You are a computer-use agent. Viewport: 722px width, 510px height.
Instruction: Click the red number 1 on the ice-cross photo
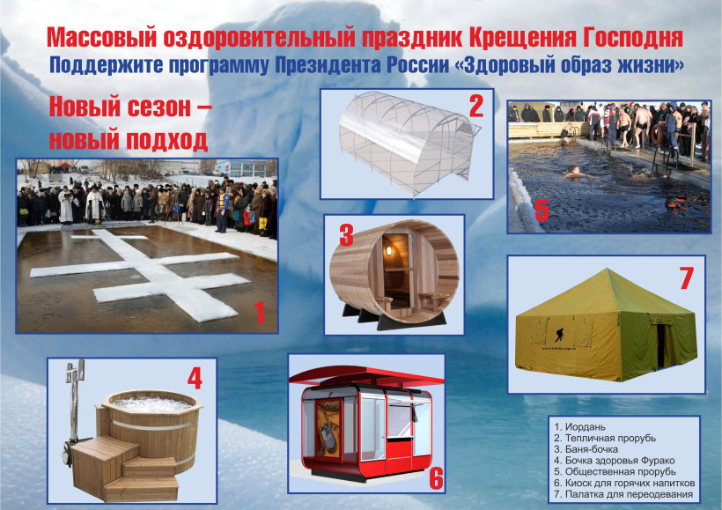pos(260,313)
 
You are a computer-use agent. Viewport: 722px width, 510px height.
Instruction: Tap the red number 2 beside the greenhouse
pos(476,107)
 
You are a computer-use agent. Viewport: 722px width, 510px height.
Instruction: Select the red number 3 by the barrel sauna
pos(346,234)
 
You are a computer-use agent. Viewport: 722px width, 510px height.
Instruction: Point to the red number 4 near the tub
pos(195,378)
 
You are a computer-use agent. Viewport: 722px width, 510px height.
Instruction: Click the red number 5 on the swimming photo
pos(542,211)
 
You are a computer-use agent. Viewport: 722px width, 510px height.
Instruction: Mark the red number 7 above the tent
pos(686,277)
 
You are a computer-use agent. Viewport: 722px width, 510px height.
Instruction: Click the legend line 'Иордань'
pos(579,427)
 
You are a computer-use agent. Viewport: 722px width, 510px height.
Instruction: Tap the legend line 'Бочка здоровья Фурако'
pos(615,461)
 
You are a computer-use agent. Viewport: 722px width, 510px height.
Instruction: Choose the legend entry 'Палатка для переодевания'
pos(623,494)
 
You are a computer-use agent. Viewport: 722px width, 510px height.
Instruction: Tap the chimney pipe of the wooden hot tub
pos(73,401)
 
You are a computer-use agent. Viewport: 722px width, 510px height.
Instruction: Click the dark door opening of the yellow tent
pos(660,345)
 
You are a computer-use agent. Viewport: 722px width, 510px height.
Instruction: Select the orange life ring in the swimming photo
pos(657,134)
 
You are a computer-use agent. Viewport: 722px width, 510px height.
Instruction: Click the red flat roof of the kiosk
pos(366,375)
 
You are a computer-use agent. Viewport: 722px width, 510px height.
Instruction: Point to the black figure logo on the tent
pos(559,335)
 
